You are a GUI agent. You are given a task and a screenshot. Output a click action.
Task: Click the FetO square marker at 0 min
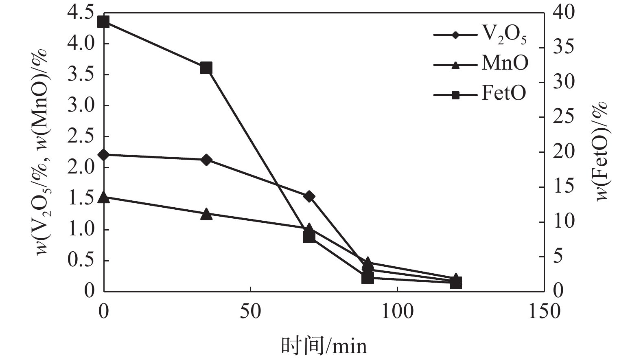[x=104, y=22]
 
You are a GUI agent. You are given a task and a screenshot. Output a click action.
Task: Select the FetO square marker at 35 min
[x=206, y=68]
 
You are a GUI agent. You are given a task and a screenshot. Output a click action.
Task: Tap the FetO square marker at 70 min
[x=309, y=237]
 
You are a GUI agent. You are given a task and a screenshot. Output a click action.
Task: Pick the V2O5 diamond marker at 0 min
[x=104, y=155]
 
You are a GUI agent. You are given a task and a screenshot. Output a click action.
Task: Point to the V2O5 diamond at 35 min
[x=206, y=160]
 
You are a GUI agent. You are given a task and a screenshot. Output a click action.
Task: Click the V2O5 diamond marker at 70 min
[x=309, y=196]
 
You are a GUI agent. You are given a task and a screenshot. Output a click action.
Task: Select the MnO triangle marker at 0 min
[x=104, y=198]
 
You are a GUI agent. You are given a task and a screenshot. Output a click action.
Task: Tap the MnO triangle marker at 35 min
[x=206, y=214]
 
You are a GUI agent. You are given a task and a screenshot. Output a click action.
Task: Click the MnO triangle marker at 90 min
[x=368, y=262]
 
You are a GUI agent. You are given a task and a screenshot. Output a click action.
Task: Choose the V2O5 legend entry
[x=480, y=35]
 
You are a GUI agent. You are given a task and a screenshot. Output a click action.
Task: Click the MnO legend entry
[x=480, y=64]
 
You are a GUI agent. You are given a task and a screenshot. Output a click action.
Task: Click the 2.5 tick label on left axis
[x=81, y=137]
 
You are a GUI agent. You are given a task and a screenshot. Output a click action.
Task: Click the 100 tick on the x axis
[x=397, y=312]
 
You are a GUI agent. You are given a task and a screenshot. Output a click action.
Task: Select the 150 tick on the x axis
[x=544, y=312]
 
